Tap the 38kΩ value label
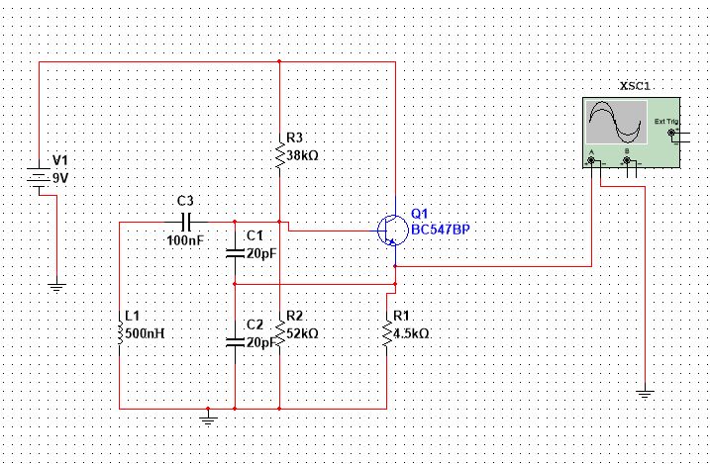click(302, 155)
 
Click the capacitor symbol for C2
click(235, 341)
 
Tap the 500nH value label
click(143, 332)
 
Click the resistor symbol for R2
click(280, 334)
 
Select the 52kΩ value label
click(301, 334)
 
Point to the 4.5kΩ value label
click(410, 333)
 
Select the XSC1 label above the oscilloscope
click(634, 86)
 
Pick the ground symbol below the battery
click(56, 287)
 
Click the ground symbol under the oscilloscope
click(645, 395)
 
